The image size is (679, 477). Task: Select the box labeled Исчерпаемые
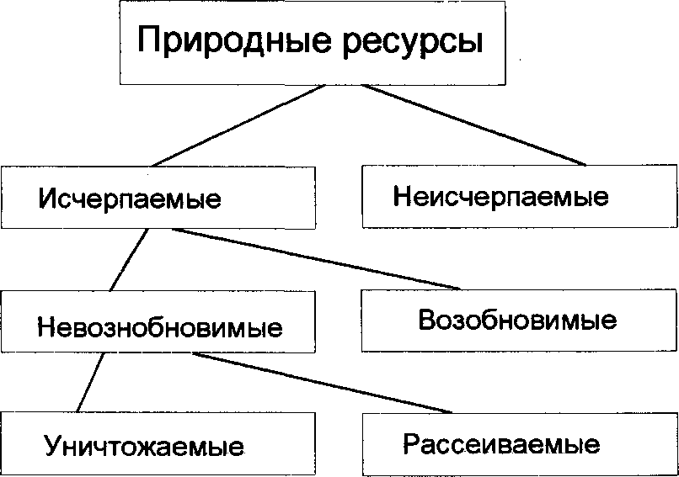click(x=158, y=199)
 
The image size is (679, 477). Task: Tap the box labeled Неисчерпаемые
click(x=518, y=196)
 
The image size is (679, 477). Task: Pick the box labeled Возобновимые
click(x=518, y=320)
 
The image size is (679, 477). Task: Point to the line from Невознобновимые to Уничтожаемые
click(x=89, y=383)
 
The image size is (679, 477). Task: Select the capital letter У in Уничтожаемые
click(x=54, y=446)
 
